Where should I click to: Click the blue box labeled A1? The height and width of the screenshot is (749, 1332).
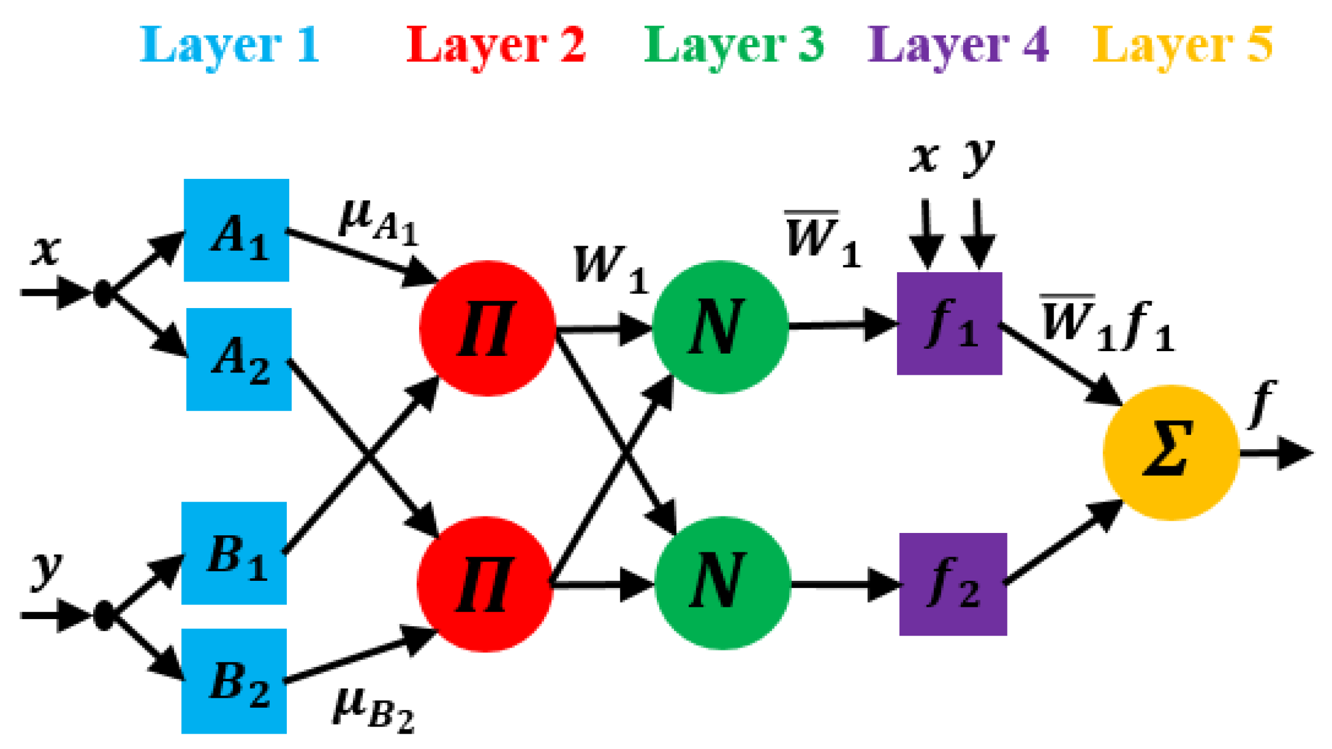pyautogui.click(x=236, y=230)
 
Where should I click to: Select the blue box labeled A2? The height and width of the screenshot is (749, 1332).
pyautogui.click(x=238, y=359)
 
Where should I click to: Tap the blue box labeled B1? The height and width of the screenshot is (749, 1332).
pyautogui.click(x=234, y=553)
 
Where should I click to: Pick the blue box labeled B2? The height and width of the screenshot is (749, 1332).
pyautogui.click(x=234, y=681)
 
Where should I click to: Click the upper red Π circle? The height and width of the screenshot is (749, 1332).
pyautogui.click(x=487, y=328)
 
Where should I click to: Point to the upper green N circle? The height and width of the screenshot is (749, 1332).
pyautogui.click(x=720, y=327)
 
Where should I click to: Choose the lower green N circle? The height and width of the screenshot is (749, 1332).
pyautogui.click(x=722, y=583)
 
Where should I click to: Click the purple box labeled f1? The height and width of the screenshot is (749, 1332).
pyautogui.click(x=949, y=323)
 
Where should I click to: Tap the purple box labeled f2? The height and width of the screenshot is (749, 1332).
pyautogui.click(x=953, y=584)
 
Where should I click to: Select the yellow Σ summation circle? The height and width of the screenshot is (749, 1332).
pyautogui.click(x=1171, y=453)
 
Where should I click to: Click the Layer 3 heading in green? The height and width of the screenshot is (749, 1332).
pyautogui.click(x=734, y=46)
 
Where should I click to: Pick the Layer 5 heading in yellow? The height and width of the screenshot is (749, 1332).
pyautogui.click(x=1182, y=46)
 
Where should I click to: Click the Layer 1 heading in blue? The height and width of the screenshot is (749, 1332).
pyautogui.click(x=230, y=46)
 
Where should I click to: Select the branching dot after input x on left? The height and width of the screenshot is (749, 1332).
pyautogui.click(x=103, y=293)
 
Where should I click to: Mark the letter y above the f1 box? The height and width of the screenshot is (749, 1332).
pyautogui.click(x=978, y=156)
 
